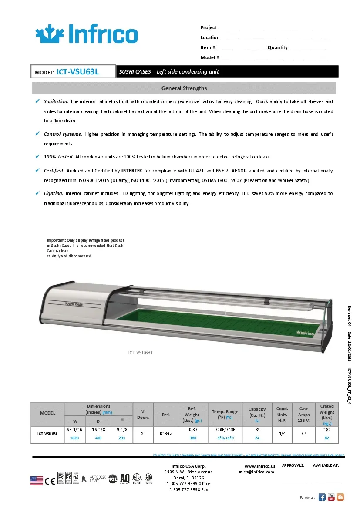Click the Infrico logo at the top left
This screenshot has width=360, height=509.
pos(86,34)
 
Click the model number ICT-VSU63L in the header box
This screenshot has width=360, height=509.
pos(78,72)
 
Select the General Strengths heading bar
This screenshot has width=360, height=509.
pos(184,88)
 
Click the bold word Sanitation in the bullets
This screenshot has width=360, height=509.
pos(56,101)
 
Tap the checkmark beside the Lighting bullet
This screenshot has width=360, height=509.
pos(37,193)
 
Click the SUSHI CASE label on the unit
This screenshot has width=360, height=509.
pos(74,304)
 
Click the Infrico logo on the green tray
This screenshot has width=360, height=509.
pos(305,333)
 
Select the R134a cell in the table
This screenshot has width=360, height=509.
pos(165,434)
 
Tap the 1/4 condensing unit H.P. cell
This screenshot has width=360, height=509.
pos(282,434)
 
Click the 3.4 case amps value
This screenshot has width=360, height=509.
pos(304,434)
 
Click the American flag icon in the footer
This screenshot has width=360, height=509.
pos(37,480)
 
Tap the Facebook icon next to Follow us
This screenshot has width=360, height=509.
pos(322,497)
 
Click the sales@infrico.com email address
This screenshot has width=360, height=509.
pos(256,472)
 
